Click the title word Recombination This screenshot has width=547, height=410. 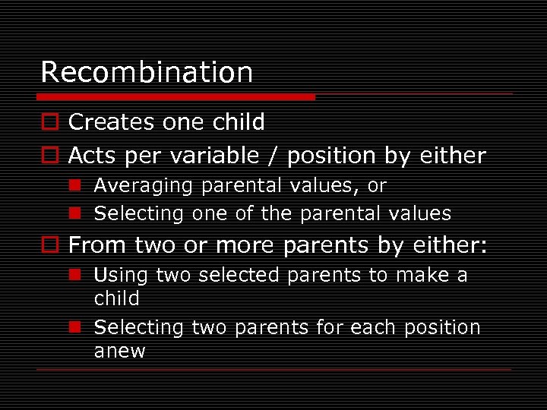(147, 72)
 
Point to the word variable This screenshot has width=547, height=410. (214, 156)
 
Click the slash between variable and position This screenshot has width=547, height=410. (270, 156)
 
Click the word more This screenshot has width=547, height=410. (245, 245)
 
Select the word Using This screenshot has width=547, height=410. (122, 275)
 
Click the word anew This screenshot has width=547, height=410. (119, 351)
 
